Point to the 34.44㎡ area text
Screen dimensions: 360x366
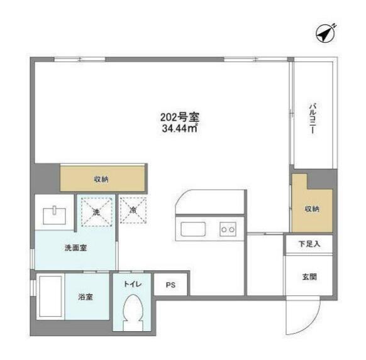[x=180, y=129]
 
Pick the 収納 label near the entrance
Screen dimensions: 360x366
[x=311, y=208]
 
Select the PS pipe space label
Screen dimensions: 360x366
[x=170, y=285]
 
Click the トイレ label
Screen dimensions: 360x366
[x=132, y=283]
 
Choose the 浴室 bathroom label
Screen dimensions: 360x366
[x=86, y=297]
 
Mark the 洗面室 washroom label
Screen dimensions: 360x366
[x=75, y=248]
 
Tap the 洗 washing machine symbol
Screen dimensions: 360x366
[x=96, y=212]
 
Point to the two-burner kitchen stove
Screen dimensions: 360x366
[x=227, y=229]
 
